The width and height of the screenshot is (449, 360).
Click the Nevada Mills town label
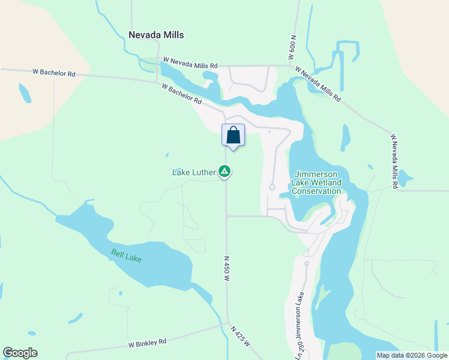(x=156, y=35)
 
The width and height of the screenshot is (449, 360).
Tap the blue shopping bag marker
(x=233, y=135)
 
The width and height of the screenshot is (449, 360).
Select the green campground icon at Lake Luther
(x=224, y=172)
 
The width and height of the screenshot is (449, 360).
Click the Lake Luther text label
(x=193, y=172)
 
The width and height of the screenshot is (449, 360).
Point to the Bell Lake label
(x=127, y=255)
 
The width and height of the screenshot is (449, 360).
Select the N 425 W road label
(x=241, y=338)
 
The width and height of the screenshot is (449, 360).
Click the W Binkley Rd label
(x=147, y=344)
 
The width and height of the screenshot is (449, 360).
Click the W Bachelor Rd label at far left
(x=54, y=73)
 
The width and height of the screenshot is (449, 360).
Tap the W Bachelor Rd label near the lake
(x=181, y=94)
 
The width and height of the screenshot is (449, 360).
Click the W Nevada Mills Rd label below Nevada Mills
(x=190, y=62)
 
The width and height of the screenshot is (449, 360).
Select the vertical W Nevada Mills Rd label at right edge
(x=394, y=161)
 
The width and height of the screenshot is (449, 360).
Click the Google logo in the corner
(x=20, y=353)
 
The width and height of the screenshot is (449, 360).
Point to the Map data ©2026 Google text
(x=412, y=355)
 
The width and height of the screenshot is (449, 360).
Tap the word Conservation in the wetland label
(x=316, y=191)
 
